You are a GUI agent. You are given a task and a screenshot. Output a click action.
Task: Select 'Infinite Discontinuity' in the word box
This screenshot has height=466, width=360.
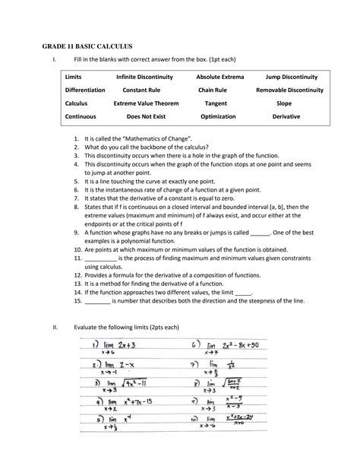(x=144, y=78)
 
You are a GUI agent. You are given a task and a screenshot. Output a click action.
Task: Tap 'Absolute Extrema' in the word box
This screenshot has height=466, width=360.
(x=218, y=78)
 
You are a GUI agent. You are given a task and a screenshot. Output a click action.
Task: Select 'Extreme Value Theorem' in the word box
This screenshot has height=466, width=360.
(x=146, y=103)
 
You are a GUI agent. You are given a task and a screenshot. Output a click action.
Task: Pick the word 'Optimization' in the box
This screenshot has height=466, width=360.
(x=218, y=116)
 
